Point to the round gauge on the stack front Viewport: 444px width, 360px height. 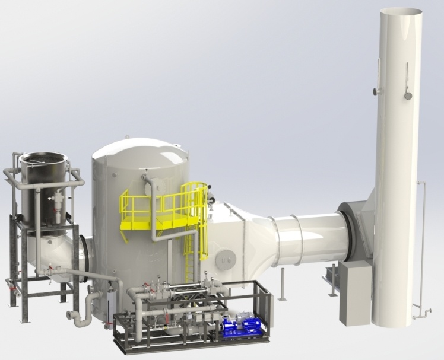[x=408, y=95]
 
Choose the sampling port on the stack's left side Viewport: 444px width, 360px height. [x=376, y=91]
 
